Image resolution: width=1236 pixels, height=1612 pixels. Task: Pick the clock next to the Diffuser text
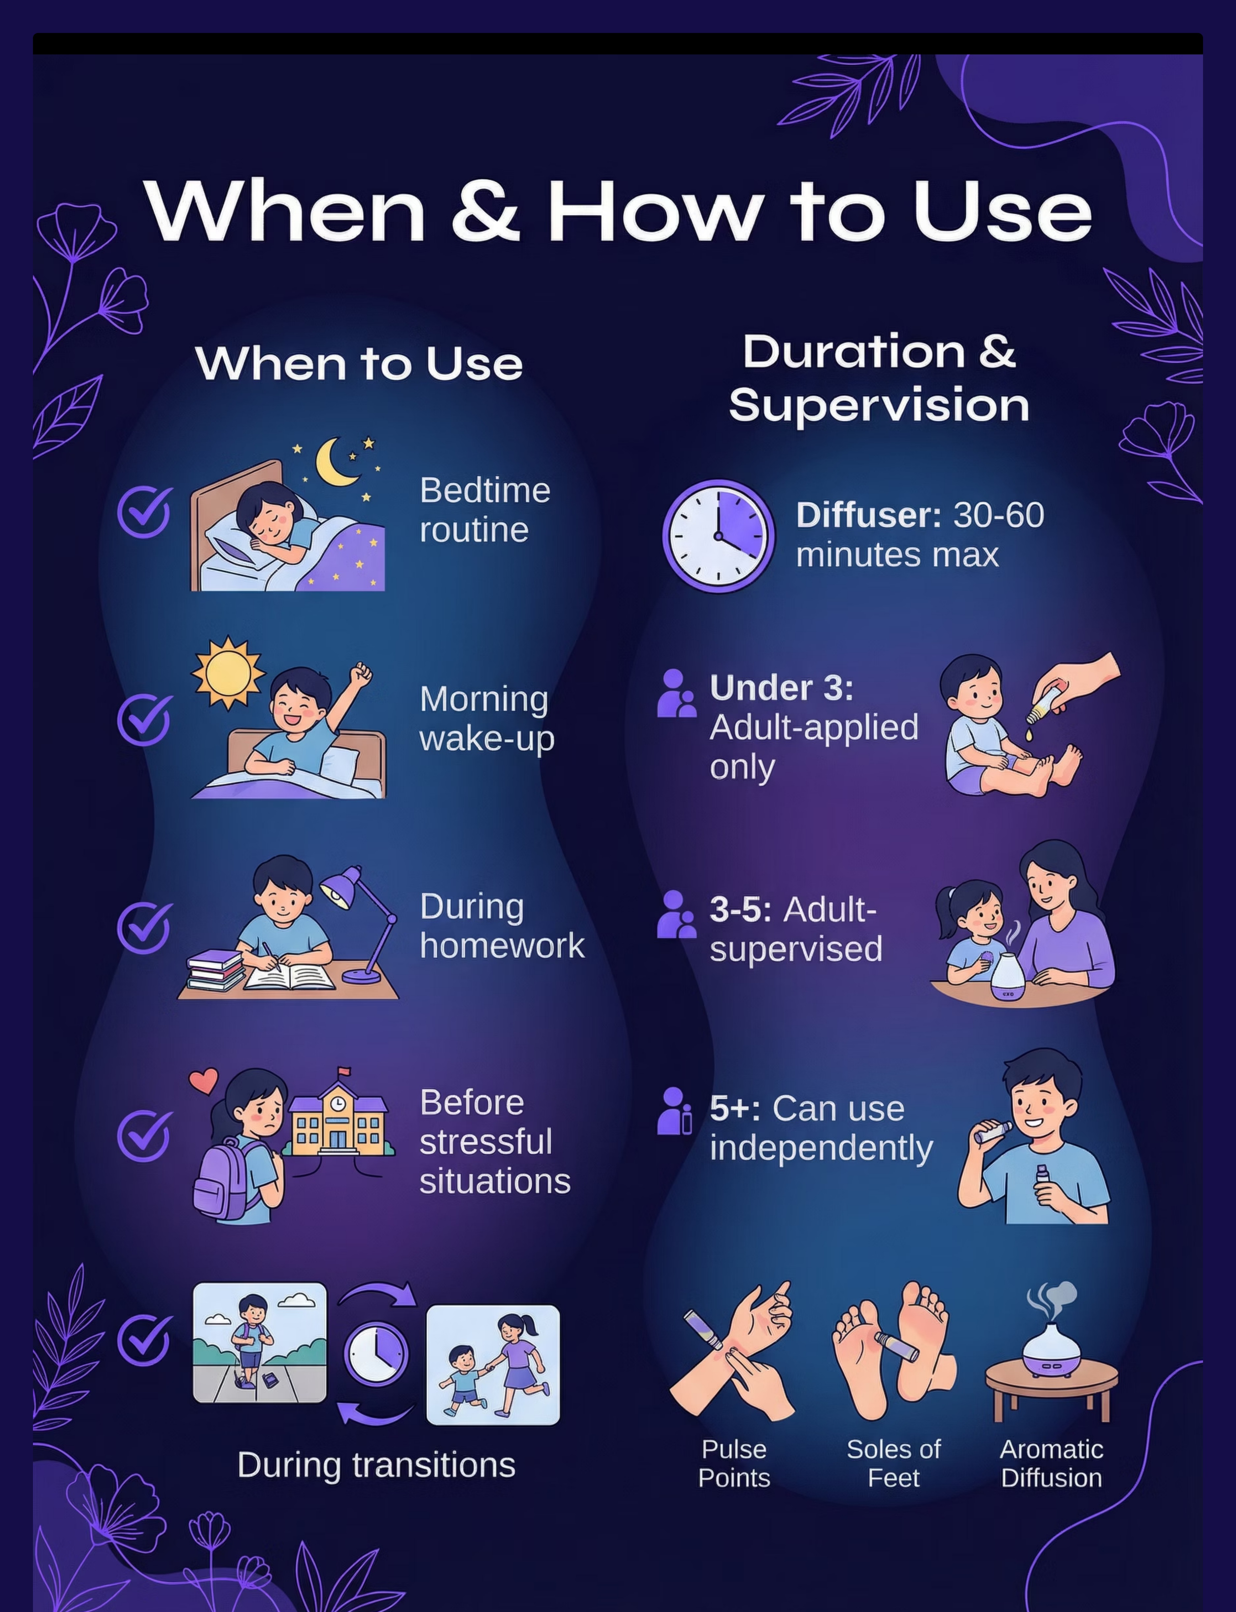pos(719,536)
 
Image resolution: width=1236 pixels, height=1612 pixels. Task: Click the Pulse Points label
pos(734,1463)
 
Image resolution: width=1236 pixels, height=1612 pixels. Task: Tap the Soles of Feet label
pos(894,1463)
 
